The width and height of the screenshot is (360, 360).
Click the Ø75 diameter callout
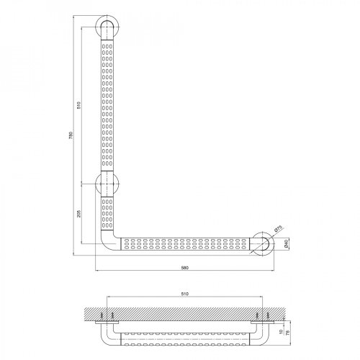(278, 230)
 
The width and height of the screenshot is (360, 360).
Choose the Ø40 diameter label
(287, 244)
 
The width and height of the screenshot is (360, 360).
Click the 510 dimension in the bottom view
(186, 294)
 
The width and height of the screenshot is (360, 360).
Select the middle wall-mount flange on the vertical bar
(107, 184)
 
